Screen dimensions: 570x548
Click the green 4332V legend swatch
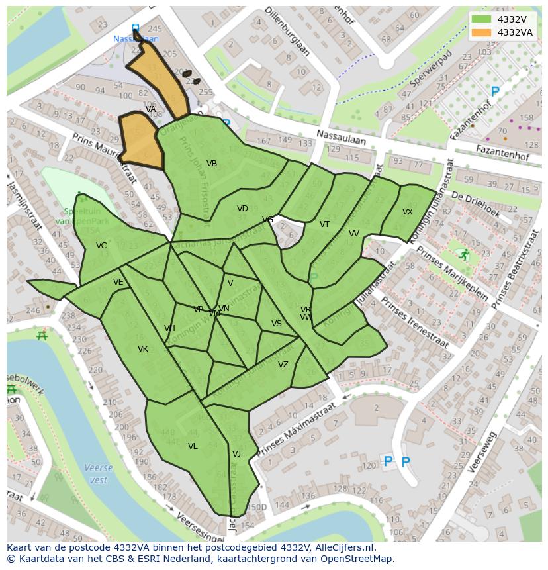point(481,19)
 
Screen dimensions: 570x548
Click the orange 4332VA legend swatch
point(481,32)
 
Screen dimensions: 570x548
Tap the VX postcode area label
point(408,212)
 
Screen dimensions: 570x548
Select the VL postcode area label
point(193,446)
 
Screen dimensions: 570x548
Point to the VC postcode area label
point(101,246)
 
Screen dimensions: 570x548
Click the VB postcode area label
point(212,164)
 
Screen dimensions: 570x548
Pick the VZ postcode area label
point(283,365)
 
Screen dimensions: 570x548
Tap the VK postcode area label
point(143,349)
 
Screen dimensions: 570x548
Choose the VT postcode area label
point(324,224)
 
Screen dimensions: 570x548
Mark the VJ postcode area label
point(236,454)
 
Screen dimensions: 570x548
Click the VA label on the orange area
point(151,109)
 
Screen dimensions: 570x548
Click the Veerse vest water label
point(98,473)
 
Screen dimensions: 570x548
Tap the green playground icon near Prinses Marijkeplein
point(465,254)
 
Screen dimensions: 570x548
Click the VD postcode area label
point(242,209)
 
